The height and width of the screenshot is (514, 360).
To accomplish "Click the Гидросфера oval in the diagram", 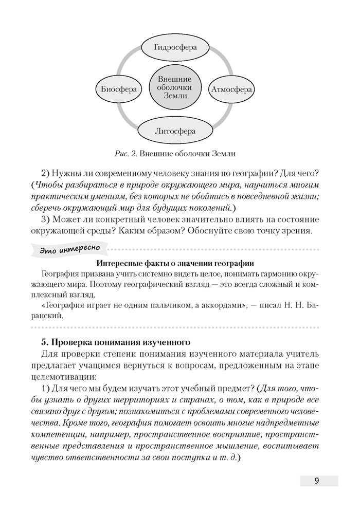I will pyautogui.click(x=175, y=47).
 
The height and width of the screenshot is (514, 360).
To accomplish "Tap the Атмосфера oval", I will pyautogui.click(x=231, y=89).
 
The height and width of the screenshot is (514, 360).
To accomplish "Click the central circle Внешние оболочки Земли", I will pyautogui.click(x=174, y=88).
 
